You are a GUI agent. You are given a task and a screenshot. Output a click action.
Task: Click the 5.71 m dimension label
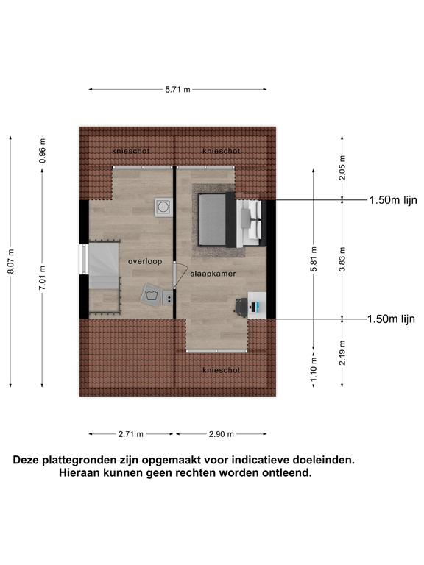tap(177, 89)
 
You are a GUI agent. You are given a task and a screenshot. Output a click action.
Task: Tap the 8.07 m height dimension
tap(11, 261)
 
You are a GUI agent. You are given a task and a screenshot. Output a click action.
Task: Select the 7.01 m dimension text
tap(42, 277)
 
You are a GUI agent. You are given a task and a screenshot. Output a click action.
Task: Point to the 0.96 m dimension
tap(42, 150)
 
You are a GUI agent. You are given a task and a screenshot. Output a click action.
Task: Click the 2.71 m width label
tap(130, 434)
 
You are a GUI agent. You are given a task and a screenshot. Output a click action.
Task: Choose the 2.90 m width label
tap(221, 434)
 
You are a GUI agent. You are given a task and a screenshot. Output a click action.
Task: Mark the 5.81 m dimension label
tap(314, 259)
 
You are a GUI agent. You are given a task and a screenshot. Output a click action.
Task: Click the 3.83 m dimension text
tap(342, 259)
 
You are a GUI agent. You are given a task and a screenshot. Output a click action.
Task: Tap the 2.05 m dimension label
tap(342, 168)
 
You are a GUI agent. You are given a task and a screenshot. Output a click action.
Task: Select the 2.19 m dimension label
tap(342, 353)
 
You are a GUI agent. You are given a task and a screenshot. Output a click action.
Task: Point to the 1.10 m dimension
tap(314, 369)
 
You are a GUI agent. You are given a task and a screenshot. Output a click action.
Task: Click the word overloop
tap(145, 261)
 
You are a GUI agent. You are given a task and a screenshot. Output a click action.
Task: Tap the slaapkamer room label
tap(213, 274)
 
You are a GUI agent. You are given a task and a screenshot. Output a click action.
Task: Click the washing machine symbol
tap(152, 296)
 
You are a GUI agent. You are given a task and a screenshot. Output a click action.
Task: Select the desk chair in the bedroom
tap(241, 307)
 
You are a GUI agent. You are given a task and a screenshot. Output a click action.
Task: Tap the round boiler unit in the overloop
tap(163, 207)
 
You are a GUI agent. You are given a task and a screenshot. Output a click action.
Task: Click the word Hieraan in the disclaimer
tap(79, 472)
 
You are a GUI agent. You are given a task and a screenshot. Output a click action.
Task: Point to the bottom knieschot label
tap(221, 370)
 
